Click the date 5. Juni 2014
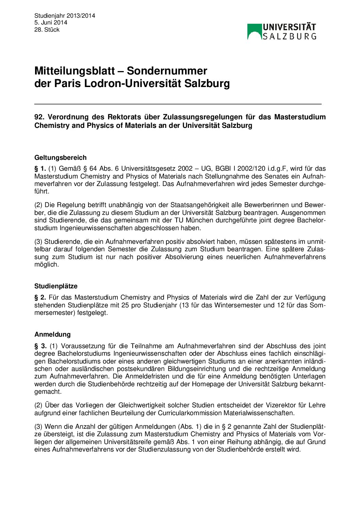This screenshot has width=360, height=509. tap(51, 22)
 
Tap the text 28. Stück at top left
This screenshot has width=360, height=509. tap(47, 30)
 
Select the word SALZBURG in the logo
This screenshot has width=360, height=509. tap(290, 36)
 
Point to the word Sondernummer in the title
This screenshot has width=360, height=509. tap(167, 71)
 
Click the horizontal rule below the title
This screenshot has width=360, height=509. tap(178, 104)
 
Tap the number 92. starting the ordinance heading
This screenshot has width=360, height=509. tap(39, 117)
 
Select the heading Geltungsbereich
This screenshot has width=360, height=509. tap(61, 157)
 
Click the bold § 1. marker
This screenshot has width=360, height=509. tap(40, 169)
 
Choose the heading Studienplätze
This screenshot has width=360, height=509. tap(56, 286)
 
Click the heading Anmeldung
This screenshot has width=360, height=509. tap(52, 334)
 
